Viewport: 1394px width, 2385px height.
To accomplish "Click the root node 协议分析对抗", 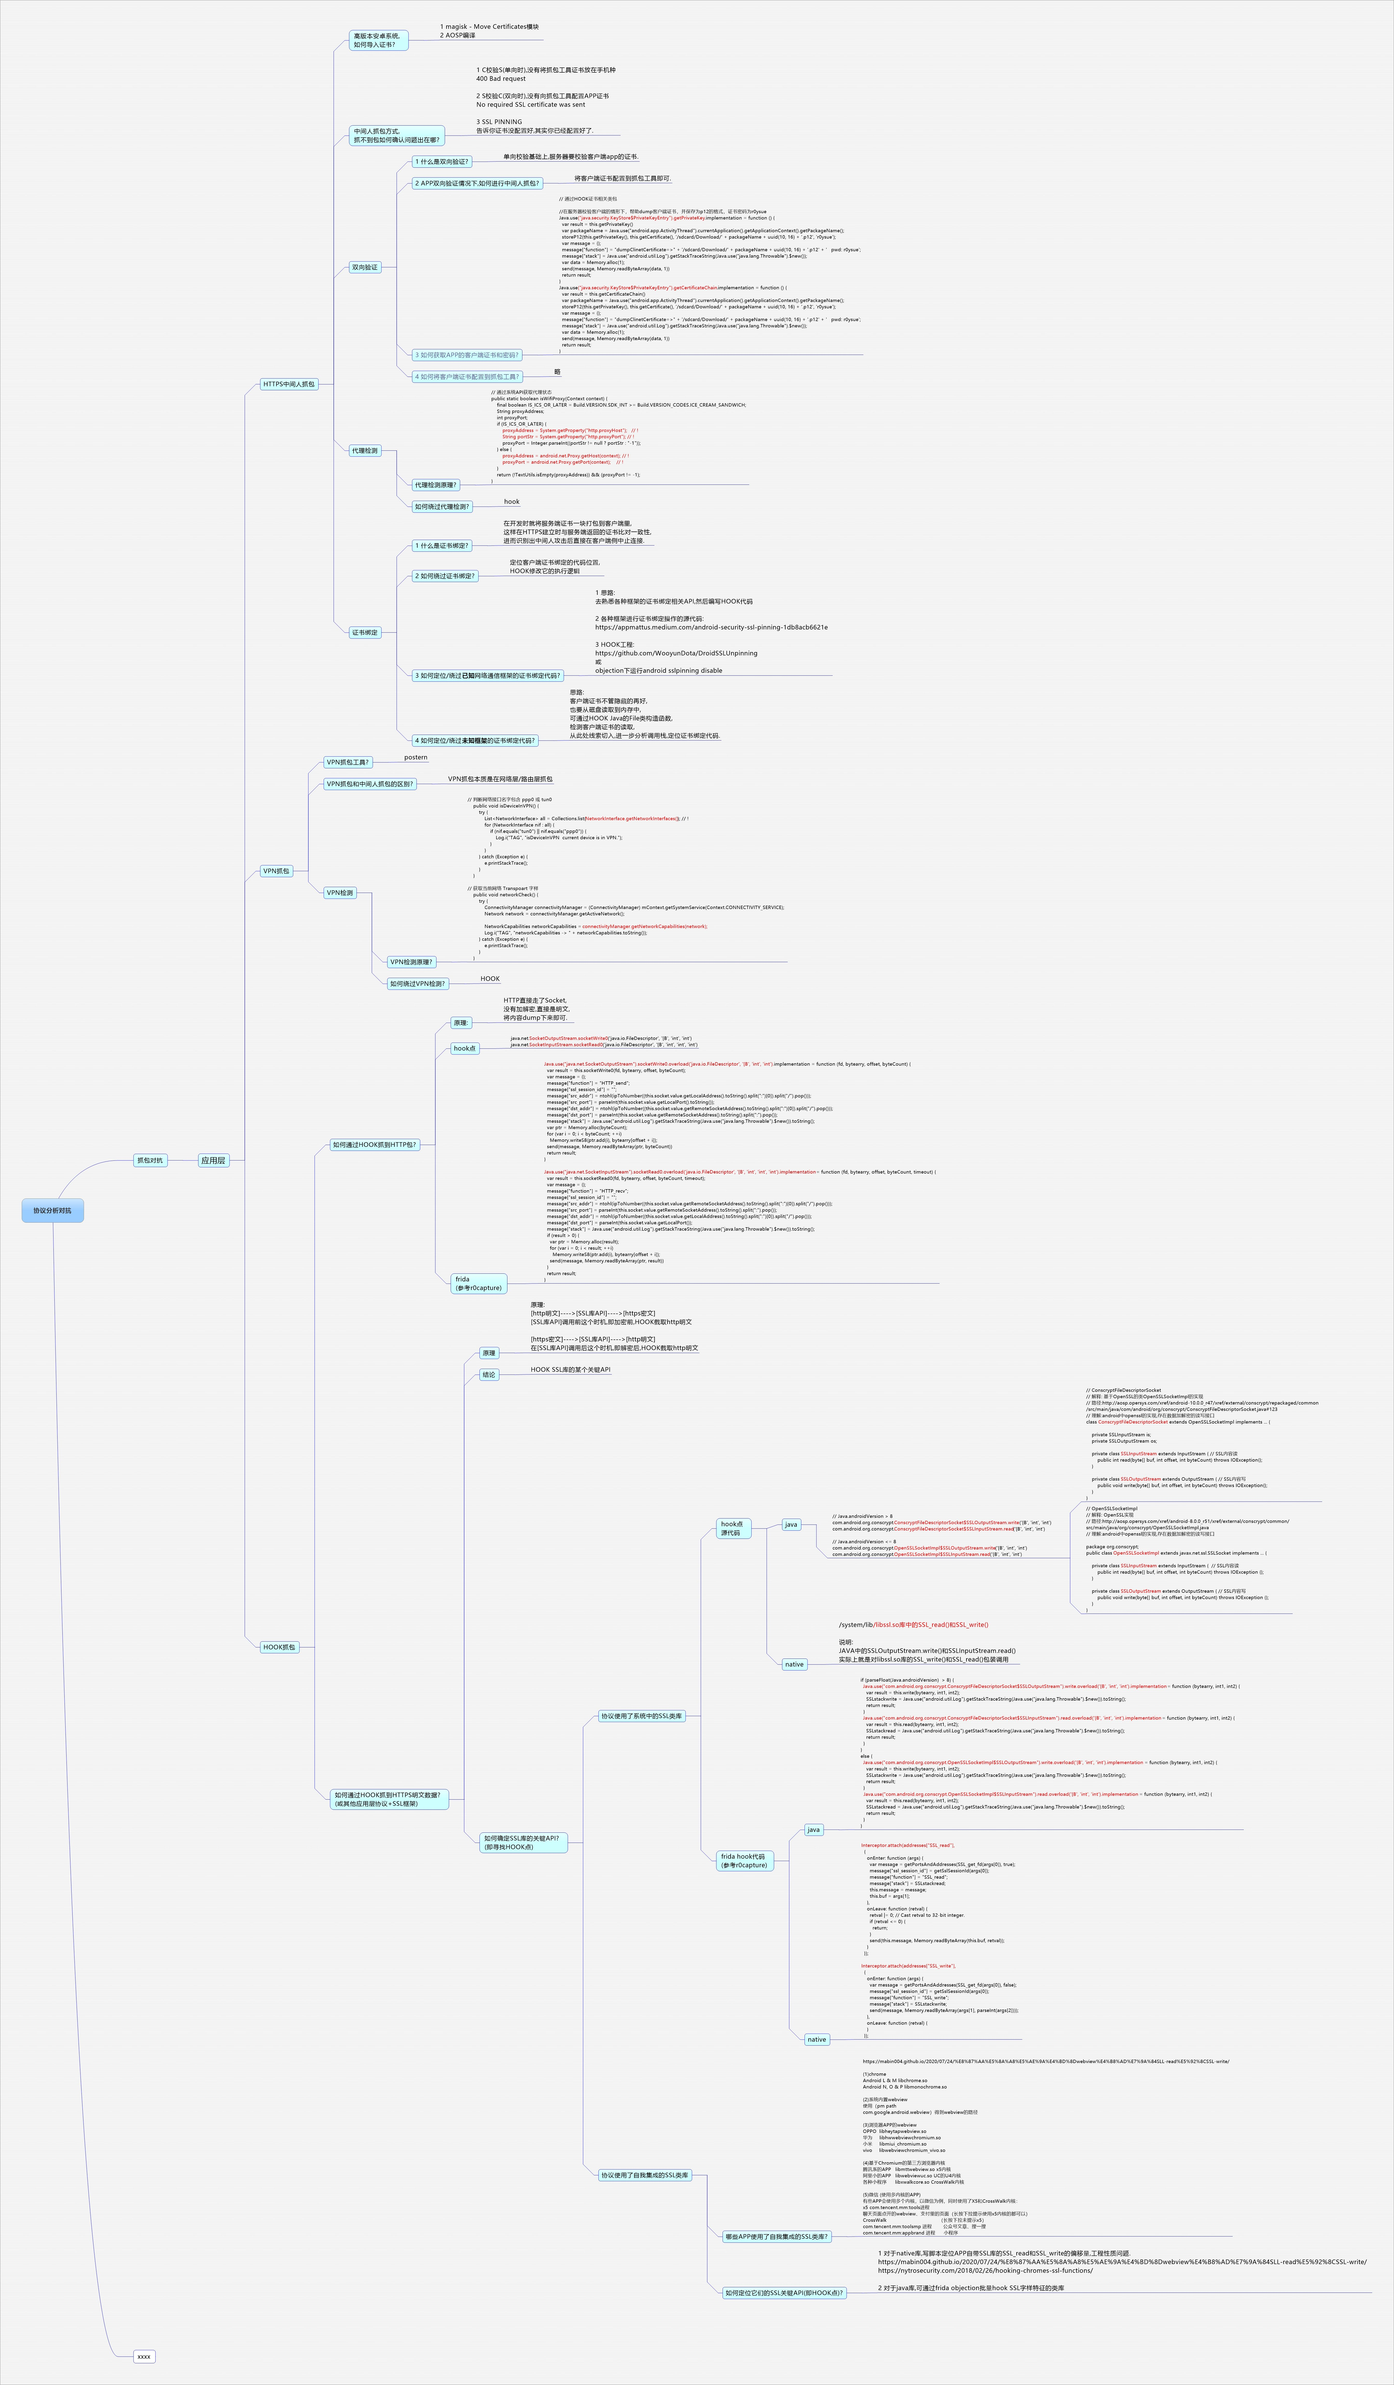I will coord(52,1210).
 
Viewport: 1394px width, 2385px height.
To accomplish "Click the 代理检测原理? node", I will coord(435,485).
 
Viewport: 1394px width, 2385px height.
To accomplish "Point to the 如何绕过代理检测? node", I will coord(441,506).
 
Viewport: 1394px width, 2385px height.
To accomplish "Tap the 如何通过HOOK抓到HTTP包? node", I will coord(374,1144).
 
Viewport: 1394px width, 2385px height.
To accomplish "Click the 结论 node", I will coord(488,1374).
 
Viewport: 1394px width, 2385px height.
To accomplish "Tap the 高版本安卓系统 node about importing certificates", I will coord(378,40).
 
